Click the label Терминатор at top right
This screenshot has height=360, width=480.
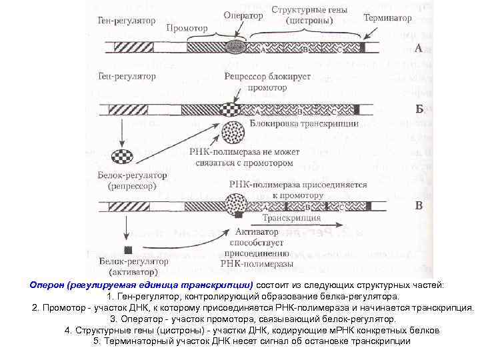387,19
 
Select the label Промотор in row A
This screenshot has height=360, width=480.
187,29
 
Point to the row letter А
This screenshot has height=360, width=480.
419,48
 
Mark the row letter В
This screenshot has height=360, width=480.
419,205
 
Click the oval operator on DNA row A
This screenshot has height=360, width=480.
235,47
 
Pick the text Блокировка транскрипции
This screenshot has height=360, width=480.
304,124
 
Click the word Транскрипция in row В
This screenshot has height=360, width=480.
291,218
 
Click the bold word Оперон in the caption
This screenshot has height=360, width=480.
47,285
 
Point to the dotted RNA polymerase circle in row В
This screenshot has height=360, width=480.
237,202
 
